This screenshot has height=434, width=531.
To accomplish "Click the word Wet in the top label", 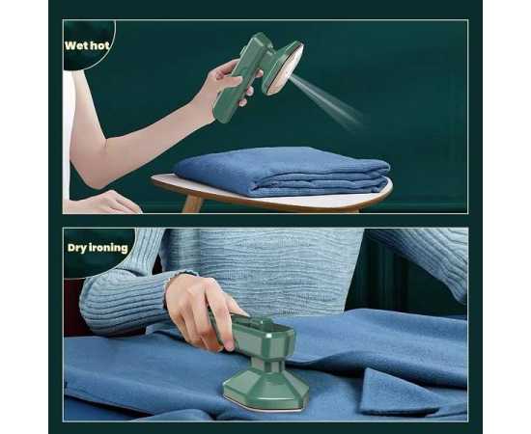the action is click(x=74, y=45).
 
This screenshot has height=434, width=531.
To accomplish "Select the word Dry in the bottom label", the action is click(x=77, y=248).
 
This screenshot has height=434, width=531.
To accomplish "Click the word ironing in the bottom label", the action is click(x=109, y=248).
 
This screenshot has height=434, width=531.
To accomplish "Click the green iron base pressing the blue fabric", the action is click(x=266, y=390).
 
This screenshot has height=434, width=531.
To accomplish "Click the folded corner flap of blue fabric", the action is click(x=406, y=393).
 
